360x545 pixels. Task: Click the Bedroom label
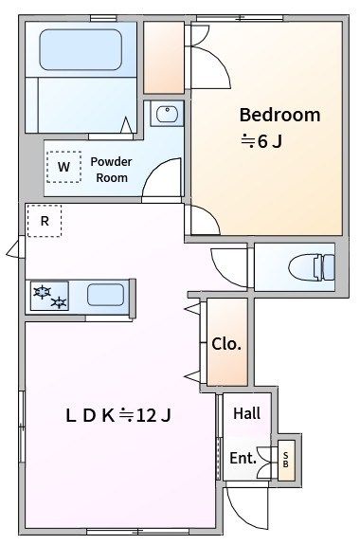click(279, 115)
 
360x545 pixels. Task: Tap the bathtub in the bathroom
click(81, 49)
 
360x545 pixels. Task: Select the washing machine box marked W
click(63, 167)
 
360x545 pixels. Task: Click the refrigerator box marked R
click(45, 221)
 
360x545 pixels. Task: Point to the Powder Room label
click(111, 170)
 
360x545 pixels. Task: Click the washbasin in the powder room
click(167, 114)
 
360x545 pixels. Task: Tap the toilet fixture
click(312, 266)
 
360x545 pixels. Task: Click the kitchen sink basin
click(106, 295)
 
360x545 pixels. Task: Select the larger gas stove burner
click(42, 292)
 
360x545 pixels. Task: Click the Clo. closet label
click(226, 344)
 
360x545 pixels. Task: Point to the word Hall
click(247, 413)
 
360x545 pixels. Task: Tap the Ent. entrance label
click(243, 458)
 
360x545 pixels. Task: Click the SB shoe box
click(286, 461)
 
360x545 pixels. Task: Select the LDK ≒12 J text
click(118, 415)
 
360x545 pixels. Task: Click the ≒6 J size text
click(261, 141)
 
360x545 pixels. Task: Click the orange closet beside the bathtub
click(164, 58)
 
